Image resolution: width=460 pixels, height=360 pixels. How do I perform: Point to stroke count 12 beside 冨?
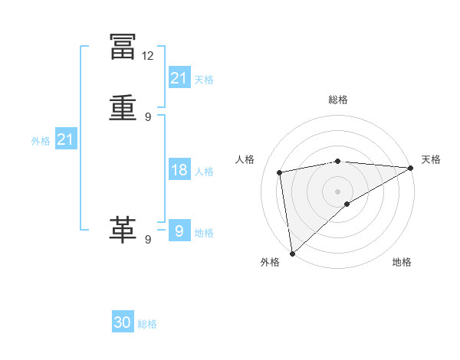coord(148,56)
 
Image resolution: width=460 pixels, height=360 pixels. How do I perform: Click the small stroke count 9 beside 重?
coord(148,117)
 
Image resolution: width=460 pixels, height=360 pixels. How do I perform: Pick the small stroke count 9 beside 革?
coord(148,239)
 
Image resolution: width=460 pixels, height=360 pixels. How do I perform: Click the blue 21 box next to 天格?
coord(179,78)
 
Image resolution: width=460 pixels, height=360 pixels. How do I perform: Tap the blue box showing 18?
coord(179,170)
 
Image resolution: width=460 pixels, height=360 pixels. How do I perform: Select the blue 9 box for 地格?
coord(179,231)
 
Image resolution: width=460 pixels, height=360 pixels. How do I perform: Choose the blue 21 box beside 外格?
coord(66,139)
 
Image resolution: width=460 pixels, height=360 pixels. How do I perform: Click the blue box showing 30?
coord(123,322)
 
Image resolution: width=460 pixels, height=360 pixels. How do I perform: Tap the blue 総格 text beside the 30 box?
coord(147,324)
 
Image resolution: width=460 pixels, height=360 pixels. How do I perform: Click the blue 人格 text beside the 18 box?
coord(204,172)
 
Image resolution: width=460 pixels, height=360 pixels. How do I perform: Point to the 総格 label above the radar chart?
coord(338,100)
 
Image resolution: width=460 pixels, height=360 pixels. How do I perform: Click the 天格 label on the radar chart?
coord(431,159)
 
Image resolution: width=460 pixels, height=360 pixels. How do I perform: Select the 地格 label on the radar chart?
coord(402,262)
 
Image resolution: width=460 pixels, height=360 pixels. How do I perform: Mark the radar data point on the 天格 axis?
coord(411,168)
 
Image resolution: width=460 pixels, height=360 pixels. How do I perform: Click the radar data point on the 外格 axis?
coord(292,253)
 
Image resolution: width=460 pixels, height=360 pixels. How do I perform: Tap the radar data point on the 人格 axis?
coord(281,172)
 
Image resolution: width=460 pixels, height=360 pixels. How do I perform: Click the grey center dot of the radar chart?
coord(338,191)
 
